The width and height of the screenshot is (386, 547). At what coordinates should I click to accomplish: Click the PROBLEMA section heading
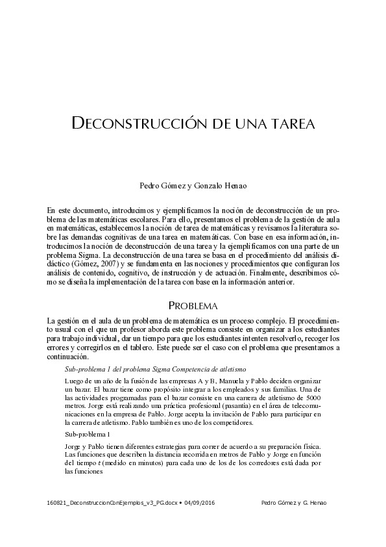193,305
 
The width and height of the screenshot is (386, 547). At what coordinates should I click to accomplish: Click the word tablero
142,348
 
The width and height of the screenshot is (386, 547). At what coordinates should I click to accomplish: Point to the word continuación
67,357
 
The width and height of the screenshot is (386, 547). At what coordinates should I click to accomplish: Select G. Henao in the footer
313,503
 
